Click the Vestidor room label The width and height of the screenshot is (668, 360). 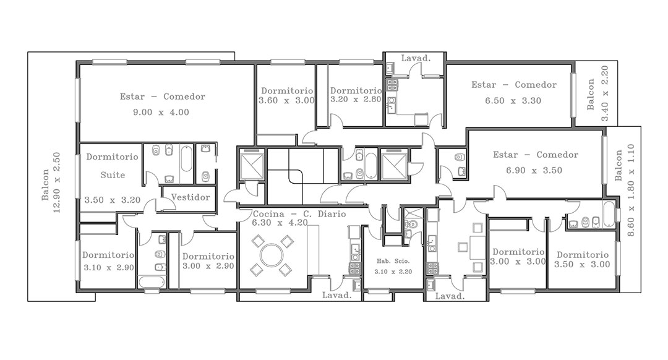point(191,197)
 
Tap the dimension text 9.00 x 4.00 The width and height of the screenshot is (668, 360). point(161,113)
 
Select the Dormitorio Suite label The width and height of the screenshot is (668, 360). point(113,166)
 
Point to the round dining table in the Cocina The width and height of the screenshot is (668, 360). point(272,255)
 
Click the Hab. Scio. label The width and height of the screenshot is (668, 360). point(393,261)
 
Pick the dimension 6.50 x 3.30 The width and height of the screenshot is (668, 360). point(513,101)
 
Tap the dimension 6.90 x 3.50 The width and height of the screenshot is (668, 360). point(534,171)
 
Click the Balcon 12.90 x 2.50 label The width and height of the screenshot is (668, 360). point(51,182)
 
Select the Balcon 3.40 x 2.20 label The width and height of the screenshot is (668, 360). point(597,94)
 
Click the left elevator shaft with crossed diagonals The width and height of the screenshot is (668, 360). point(252,165)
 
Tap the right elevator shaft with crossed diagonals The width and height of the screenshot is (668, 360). point(393,165)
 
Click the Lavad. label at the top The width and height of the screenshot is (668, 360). point(416,58)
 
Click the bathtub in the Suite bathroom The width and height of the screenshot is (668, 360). point(186,158)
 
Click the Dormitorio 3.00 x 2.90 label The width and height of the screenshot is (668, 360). point(208,261)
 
